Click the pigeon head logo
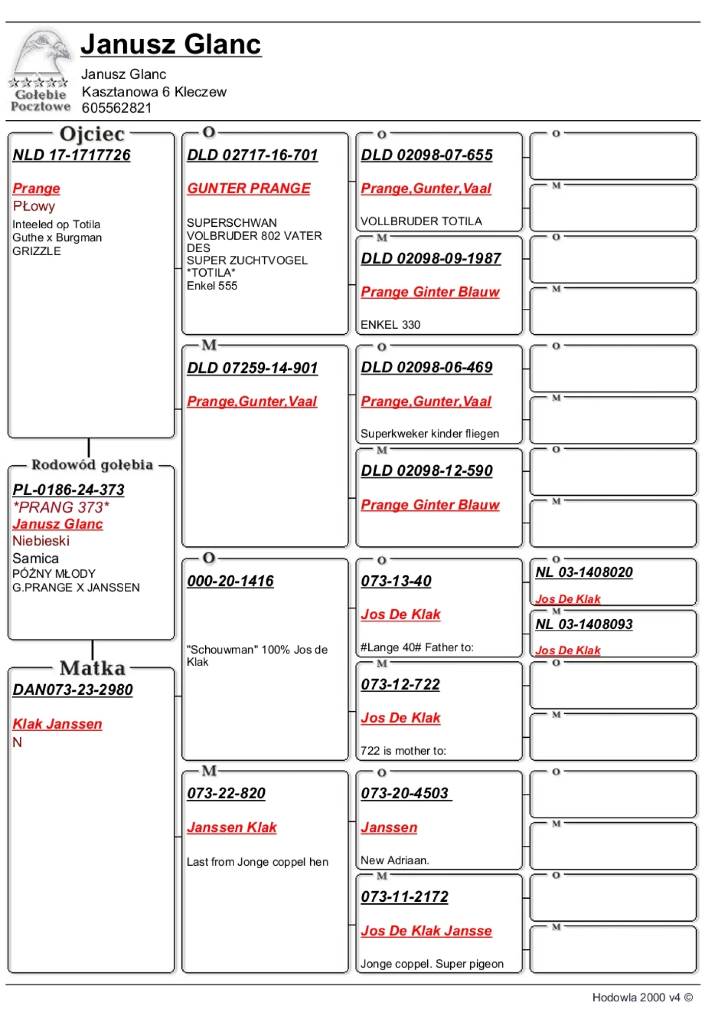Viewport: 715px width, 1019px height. pos(42,54)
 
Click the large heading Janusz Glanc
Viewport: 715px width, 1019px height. pos(171,44)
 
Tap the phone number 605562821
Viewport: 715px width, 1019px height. pos(117,108)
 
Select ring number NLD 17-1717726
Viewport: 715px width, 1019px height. pos(71,155)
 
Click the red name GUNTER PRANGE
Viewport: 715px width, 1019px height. pos(249,189)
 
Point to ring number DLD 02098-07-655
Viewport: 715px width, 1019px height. pos(426,155)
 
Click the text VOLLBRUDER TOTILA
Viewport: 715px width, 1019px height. pos(421,221)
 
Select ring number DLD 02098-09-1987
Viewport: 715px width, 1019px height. pos(431,258)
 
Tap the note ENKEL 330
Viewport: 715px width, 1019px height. pos(390,325)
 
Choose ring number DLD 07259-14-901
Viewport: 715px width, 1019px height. pos(252,367)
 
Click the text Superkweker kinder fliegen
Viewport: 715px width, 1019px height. pos(429,434)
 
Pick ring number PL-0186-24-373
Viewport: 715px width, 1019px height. pos(68,490)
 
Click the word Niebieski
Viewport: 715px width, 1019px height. pos(41,541)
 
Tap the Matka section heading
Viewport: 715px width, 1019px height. pos(92,668)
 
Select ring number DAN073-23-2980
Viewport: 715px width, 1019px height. pos(72,689)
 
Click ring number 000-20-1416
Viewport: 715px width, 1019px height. pos(230,580)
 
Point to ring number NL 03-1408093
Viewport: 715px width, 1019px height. pos(584,624)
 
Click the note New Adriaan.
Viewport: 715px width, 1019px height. pos(395,860)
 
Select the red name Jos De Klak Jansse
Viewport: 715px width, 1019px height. pos(426,930)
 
